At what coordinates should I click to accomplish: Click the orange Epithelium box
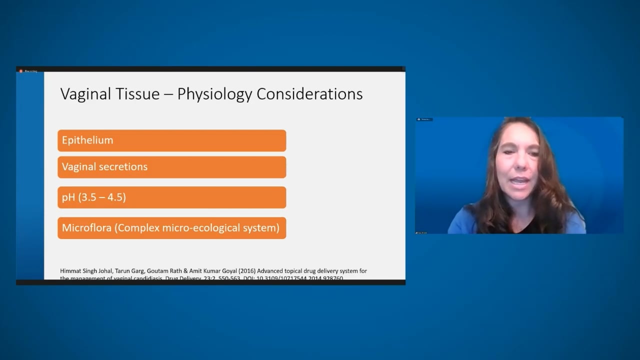(x=171, y=140)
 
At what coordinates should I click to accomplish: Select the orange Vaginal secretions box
(x=171, y=167)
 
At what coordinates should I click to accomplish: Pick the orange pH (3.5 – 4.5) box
(x=171, y=197)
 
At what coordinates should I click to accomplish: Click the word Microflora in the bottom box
(x=86, y=228)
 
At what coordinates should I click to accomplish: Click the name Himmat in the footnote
(x=70, y=271)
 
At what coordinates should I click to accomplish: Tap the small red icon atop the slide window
(x=21, y=71)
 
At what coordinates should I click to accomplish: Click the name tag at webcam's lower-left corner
(x=421, y=232)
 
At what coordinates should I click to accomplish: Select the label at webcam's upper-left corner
(x=424, y=119)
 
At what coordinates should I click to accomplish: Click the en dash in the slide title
(x=169, y=94)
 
